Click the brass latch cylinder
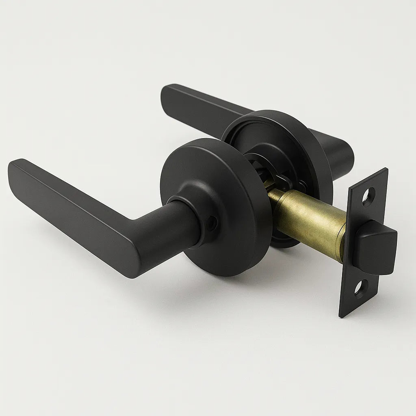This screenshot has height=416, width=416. point(309,221)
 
